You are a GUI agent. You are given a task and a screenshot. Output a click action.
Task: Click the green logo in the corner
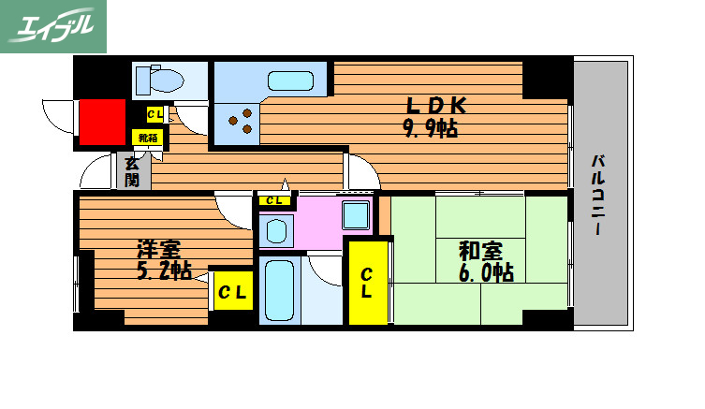point(53,26)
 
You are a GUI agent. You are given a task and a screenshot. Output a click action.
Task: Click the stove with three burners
point(239,120)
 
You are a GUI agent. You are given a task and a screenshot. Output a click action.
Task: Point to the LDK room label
point(433,106)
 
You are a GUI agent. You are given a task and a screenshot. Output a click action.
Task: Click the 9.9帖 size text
point(431,129)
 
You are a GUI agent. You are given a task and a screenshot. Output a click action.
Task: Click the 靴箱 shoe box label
point(149,138)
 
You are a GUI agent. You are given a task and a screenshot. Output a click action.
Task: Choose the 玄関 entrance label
point(133,171)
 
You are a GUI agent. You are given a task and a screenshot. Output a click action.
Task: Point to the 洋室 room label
point(159,250)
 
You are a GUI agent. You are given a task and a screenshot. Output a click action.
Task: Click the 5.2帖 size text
point(165,271)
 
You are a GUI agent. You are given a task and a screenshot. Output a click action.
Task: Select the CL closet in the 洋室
point(232,292)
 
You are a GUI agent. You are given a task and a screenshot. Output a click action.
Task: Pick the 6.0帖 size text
point(485,272)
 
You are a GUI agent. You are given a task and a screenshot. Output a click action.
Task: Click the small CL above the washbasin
point(274,200)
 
